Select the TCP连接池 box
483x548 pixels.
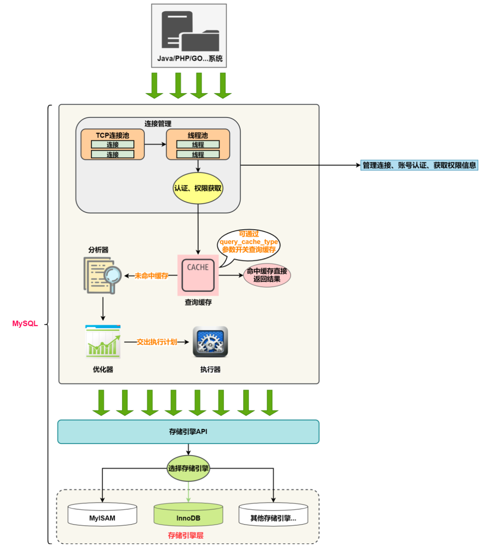point(112,145)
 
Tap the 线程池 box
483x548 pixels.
point(198,145)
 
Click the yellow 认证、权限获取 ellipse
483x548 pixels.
point(198,188)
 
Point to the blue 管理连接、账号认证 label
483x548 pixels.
point(419,165)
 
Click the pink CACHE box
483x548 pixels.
point(198,275)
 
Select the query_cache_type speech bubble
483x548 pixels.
point(249,245)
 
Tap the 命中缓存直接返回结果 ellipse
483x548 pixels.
point(267,275)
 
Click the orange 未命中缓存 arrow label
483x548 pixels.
point(151,276)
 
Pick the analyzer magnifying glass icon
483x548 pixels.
point(102,276)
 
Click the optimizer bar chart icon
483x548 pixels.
point(103,342)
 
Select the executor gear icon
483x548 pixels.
point(210,342)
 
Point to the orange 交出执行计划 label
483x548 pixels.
point(157,342)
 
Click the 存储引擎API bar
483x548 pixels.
point(188,431)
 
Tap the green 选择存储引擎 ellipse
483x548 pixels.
point(188,468)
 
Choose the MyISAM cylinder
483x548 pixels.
point(102,515)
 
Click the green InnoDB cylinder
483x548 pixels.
point(188,515)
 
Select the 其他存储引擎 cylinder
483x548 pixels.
point(273,515)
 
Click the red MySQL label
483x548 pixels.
point(25,323)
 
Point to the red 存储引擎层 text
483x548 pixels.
point(186,535)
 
